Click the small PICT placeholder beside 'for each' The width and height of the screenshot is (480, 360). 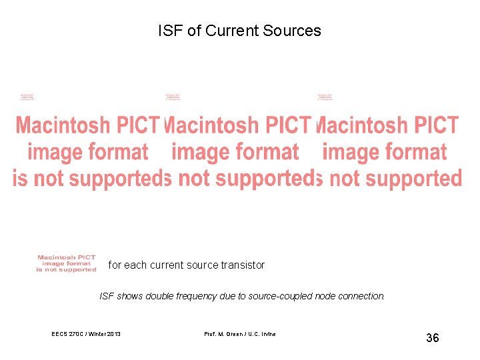(x=67, y=263)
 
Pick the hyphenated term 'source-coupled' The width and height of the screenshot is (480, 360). (x=279, y=296)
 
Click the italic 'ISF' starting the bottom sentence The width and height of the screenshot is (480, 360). (x=107, y=296)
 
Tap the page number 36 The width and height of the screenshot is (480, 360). (x=433, y=338)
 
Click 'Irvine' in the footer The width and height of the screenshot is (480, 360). (x=266, y=333)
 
